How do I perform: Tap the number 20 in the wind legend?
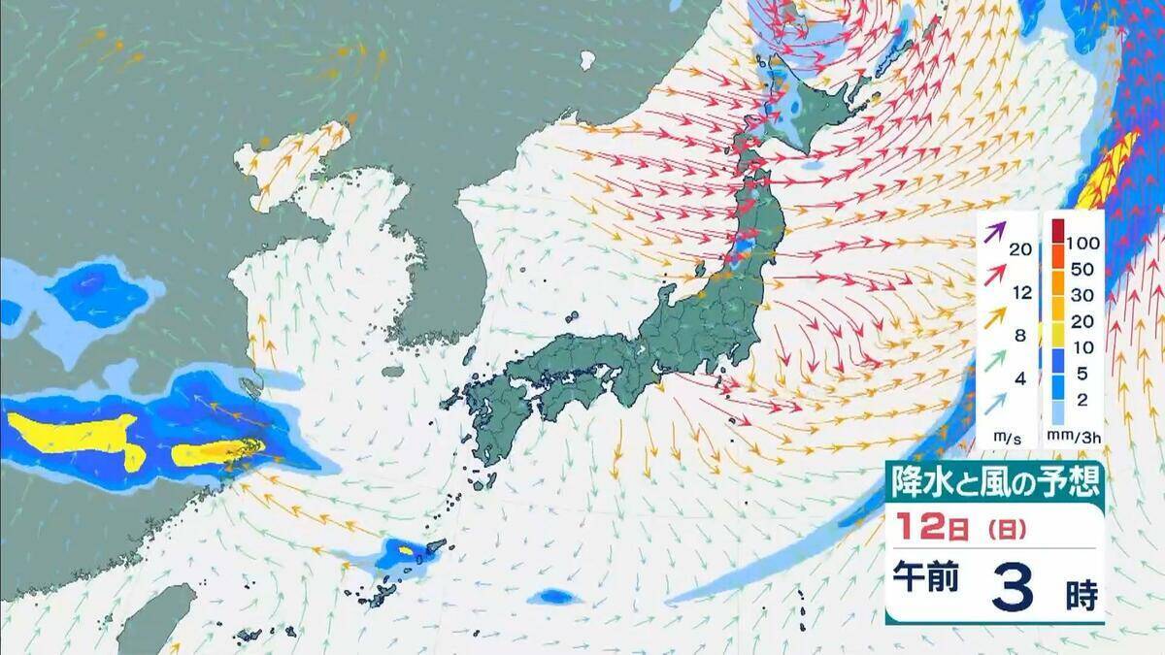coord(1019,249)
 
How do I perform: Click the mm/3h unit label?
coord(1078,439)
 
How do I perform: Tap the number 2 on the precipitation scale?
coord(1081,400)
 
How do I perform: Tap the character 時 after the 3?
coord(1081,594)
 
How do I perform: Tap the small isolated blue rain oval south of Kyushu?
coord(554,595)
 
